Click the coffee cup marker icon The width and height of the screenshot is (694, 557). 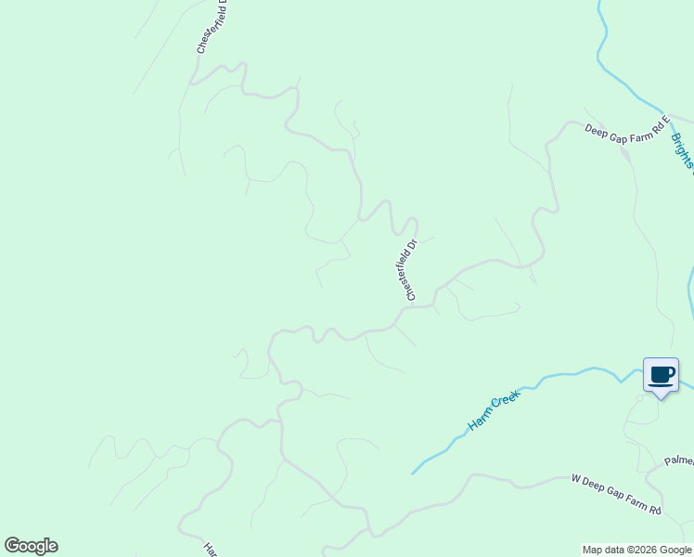(661, 375)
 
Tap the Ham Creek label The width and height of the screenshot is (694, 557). (494, 409)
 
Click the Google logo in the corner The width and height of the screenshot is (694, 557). (31, 546)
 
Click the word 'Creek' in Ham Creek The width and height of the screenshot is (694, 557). (506, 402)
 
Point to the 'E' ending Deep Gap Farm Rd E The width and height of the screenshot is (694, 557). (665, 121)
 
